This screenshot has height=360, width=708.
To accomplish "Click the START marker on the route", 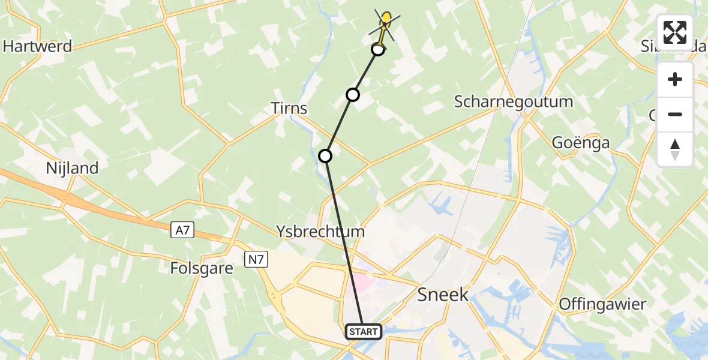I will pos(364,332).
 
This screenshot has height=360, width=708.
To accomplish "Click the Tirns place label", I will pos(289,109).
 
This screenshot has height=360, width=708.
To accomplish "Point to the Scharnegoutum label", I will pos(514,101).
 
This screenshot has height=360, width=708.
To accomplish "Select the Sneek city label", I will pos(443,294).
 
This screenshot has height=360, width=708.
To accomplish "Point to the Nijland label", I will pos(72,168).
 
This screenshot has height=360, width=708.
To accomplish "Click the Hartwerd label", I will pos(37,46).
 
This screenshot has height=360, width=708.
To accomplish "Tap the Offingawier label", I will pos(602,304).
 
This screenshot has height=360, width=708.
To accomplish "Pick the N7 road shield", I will pos(256,259).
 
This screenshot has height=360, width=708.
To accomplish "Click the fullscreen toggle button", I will pos(675,32).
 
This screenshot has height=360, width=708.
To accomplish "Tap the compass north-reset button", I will pos(675,149).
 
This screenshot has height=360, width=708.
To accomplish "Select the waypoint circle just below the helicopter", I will pos(378,49).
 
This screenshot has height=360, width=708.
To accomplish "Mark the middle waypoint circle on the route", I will pos(353,95).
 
